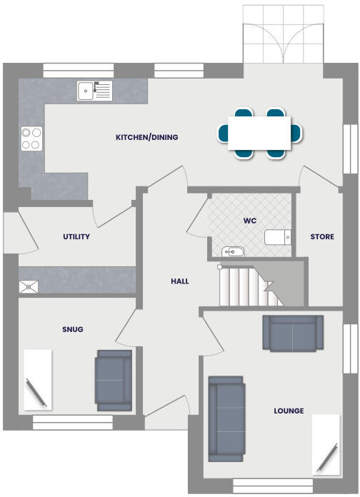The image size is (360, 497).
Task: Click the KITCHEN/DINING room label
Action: [x=147, y=137]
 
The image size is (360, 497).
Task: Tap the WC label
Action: [x=249, y=221]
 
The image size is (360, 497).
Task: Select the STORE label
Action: [x=321, y=236]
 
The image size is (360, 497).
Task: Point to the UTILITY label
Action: [x=76, y=236]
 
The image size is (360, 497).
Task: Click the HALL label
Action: [x=180, y=281]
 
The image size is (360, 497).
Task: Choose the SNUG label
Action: [x=73, y=329]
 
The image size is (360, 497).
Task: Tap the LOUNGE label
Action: [x=289, y=411]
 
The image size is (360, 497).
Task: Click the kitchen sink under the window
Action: [x=95, y=91]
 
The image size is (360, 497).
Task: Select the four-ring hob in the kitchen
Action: [x=31, y=138]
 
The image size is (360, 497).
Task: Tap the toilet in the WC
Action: [x=278, y=237]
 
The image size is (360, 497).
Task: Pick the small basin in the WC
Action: [x=233, y=251]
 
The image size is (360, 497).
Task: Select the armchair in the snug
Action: [x=114, y=380]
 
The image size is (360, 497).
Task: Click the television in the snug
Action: [x=37, y=380]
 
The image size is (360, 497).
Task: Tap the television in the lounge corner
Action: [x=327, y=444]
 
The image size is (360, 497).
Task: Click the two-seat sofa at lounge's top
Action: [x=291, y=333]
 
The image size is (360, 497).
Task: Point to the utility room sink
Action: [x=29, y=286]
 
